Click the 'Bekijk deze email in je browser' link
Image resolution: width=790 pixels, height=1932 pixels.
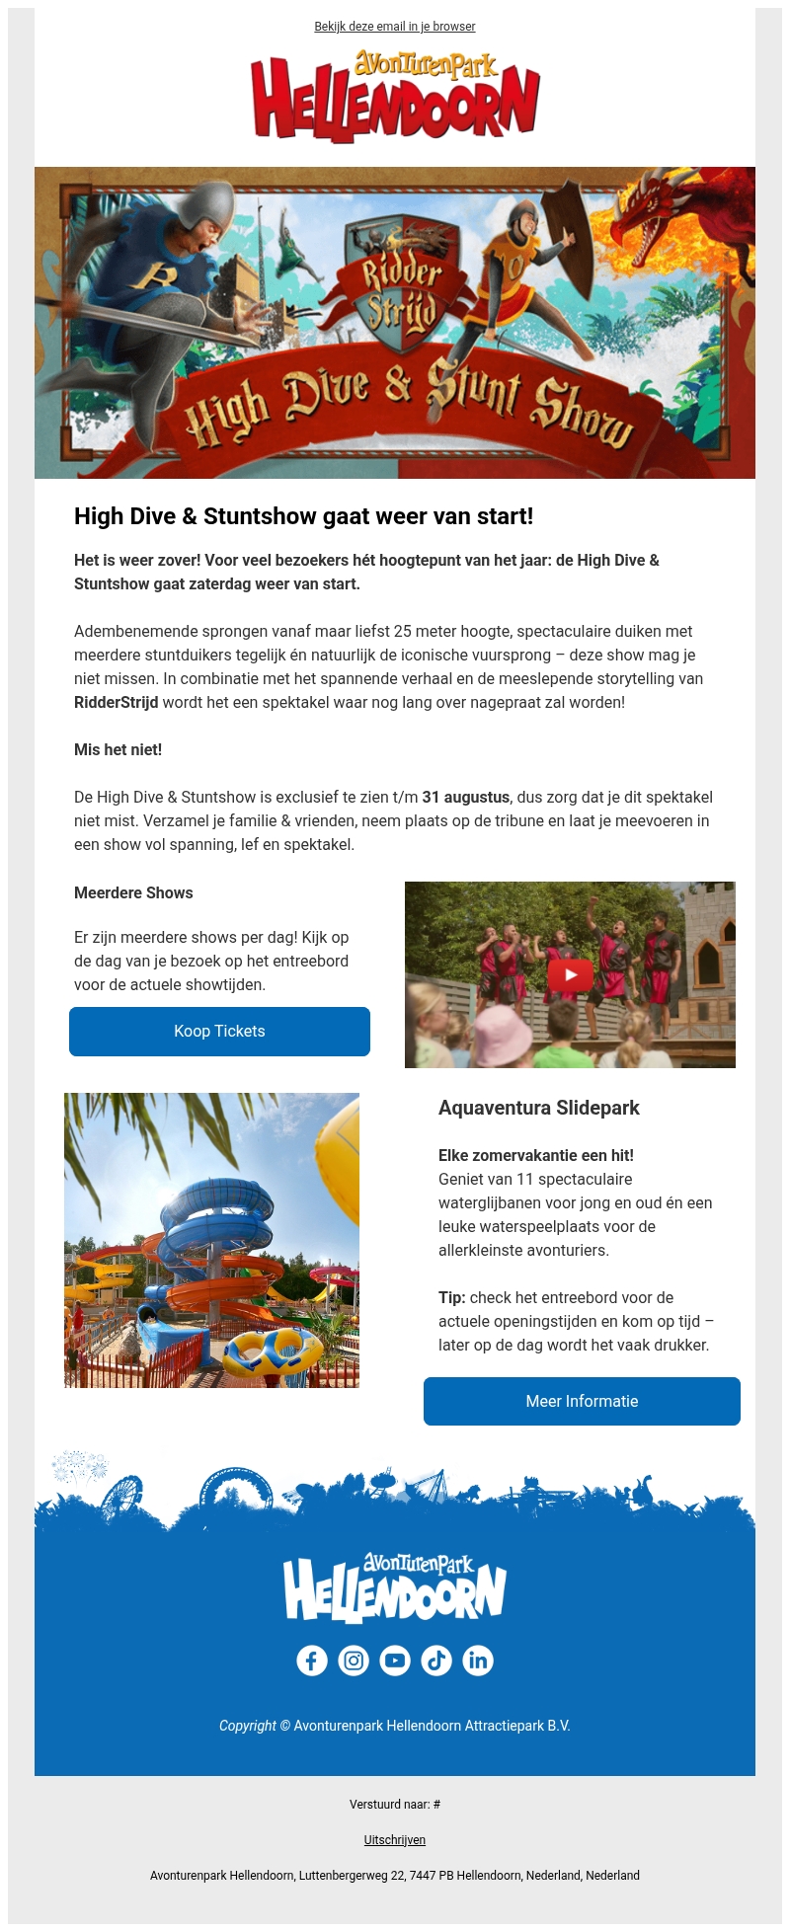[395, 27]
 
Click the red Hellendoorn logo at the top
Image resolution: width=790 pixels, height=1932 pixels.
[395, 97]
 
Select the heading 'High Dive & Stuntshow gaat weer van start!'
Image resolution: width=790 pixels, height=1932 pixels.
[303, 516]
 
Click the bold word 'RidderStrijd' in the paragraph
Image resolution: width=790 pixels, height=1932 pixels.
[116, 703]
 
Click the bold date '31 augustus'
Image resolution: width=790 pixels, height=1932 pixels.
[466, 798]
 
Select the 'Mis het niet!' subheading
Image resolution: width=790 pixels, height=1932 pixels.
[118, 750]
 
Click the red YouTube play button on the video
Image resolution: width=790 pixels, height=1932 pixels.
[570, 975]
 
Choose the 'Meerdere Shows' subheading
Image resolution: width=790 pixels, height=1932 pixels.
[133, 893]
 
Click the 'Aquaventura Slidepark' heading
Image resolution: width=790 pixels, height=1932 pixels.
[539, 1109]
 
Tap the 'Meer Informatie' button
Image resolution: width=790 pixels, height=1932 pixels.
[582, 1402]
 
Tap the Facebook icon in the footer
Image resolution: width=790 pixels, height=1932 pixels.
[312, 1661]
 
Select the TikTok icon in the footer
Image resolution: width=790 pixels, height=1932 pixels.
[436, 1661]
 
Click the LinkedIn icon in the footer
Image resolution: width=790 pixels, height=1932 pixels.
[478, 1661]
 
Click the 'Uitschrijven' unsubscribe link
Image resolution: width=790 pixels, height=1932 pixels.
[395, 1840]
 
